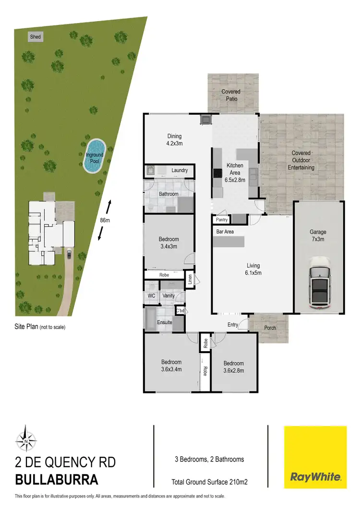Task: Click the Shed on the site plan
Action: coord(36,36)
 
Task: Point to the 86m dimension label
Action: coord(105,220)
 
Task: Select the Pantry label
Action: coord(222,220)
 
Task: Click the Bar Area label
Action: coord(225,232)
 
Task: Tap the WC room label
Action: coord(152,296)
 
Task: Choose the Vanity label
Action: coord(168,296)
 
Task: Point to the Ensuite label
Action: coord(165,322)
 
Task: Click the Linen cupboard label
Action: coord(190,280)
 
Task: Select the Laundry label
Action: coord(179,170)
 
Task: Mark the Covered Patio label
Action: coord(231,95)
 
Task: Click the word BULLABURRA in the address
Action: coord(57,479)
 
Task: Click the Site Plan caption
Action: coord(40,327)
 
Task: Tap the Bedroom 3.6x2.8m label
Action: coord(233,367)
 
